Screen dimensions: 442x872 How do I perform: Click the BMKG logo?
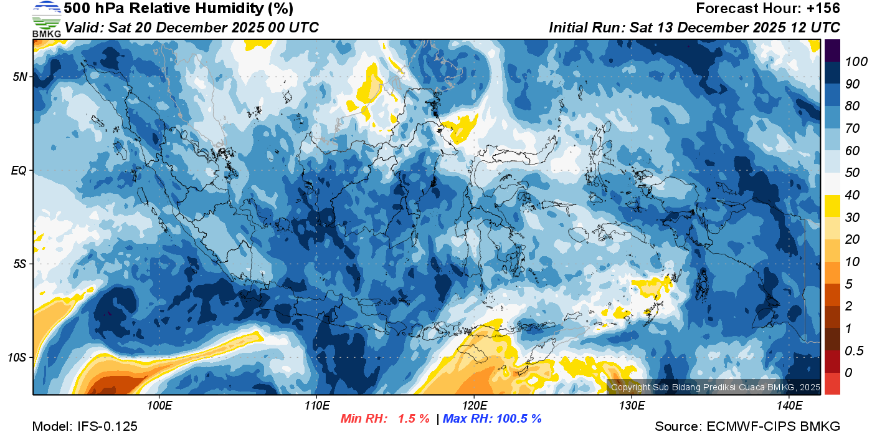click(x=46, y=19)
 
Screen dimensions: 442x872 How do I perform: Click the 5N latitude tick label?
click(x=20, y=77)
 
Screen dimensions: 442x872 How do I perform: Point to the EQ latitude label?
click(x=19, y=170)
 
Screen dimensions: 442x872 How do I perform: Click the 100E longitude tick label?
click(x=159, y=406)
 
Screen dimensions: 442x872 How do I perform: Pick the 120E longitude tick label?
click(x=474, y=406)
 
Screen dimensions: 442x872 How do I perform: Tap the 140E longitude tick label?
click(x=789, y=406)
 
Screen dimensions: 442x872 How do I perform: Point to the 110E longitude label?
click(x=316, y=406)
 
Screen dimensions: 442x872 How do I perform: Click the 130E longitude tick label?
click(x=632, y=406)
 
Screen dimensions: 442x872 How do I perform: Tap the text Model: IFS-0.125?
click(x=85, y=426)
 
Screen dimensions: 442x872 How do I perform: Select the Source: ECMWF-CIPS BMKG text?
click(x=747, y=426)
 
